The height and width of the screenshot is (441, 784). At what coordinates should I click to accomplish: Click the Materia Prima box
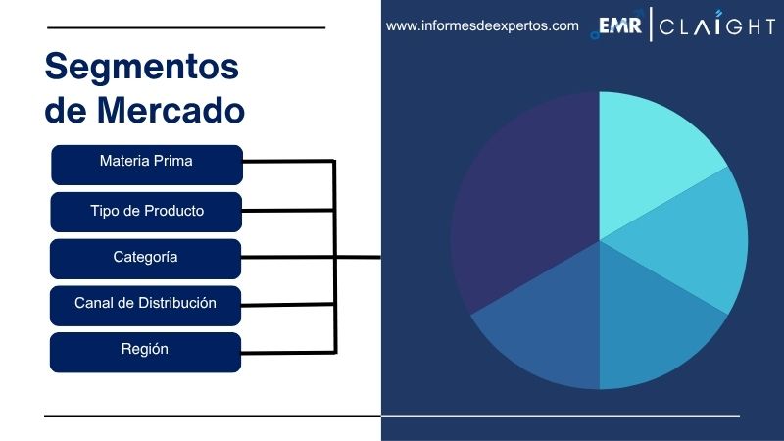(x=146, y=164)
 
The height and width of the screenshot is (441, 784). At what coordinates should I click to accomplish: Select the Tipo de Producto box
(x=146, y=211)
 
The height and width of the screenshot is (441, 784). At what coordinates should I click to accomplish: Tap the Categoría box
(x=146, y=258)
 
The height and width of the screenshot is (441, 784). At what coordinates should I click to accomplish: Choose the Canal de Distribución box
(x=146, y=305)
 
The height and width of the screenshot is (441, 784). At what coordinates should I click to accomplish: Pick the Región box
(x=146, y=352)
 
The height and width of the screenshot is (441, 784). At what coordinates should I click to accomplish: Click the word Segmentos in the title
(x=142, y=67)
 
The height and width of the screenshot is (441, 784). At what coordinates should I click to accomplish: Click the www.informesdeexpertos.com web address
(x=482, y=26)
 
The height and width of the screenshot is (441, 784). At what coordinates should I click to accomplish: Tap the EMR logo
(x=620, y=26)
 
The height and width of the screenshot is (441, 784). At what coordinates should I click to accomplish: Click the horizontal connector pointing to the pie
(x=357, y=258)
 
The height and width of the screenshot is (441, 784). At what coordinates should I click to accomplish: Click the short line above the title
(x=185, y=27)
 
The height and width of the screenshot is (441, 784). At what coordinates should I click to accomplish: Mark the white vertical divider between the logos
(x=651, y=26)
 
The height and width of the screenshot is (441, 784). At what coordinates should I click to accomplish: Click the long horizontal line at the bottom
(x=392, y=416)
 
